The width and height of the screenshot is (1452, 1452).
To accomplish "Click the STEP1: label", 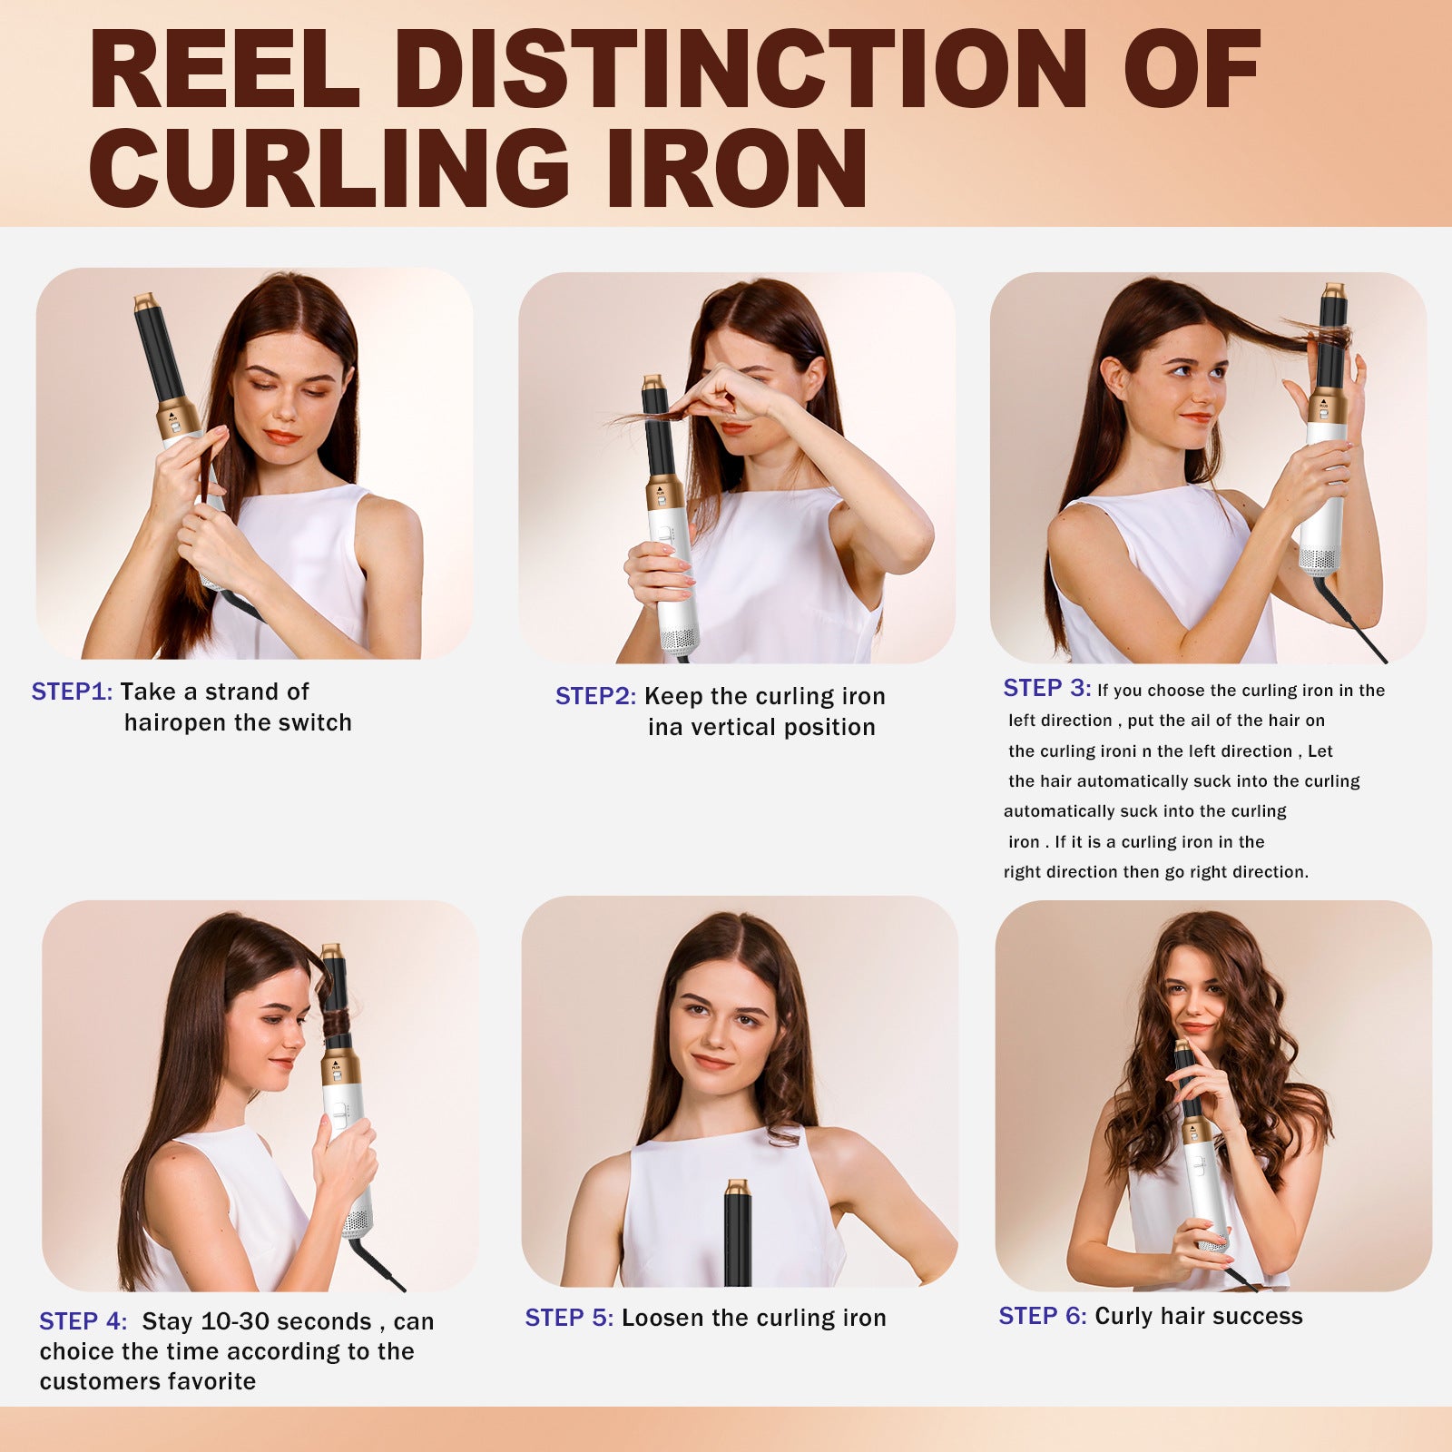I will pos(72,692).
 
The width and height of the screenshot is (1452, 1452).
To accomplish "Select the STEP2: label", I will pos(595,696).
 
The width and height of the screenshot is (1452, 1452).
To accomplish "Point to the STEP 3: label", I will pos(1046,688).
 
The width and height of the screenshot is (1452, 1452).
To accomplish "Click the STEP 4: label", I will pos(83,1321).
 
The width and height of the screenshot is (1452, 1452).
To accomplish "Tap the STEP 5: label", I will pos(569,1318).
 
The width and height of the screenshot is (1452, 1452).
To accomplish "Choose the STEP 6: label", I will pos(1042,1316).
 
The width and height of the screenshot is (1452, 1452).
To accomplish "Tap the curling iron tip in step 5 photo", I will pos(737,1187).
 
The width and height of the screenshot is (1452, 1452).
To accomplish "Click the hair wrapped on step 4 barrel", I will pos(338,1021).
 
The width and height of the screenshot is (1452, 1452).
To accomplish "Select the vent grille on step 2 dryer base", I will pos(679,640).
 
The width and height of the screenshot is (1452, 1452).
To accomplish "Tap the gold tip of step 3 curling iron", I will pos(1333,290).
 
